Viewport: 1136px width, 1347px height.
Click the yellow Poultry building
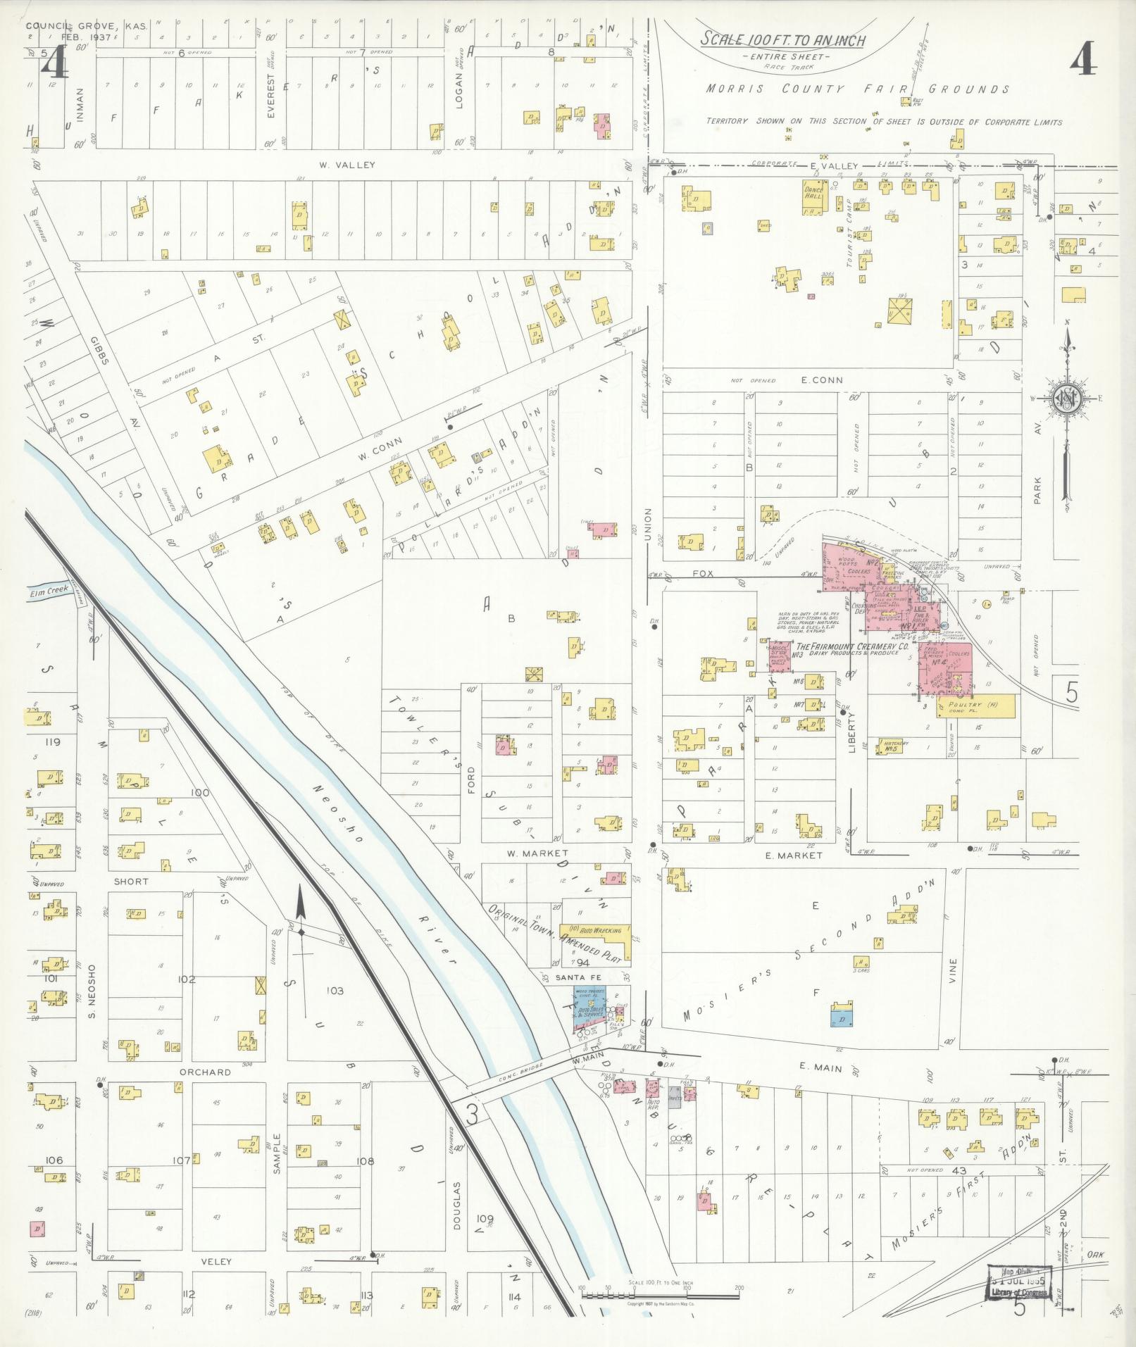coord(978,705)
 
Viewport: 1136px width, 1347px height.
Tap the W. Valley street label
coord(346,165)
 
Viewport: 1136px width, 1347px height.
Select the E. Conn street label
coord(821,380)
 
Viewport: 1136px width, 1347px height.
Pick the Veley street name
coord(216,1261)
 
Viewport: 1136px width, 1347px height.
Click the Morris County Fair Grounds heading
coord(859,89)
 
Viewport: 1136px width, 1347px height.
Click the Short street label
coord(131,881)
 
